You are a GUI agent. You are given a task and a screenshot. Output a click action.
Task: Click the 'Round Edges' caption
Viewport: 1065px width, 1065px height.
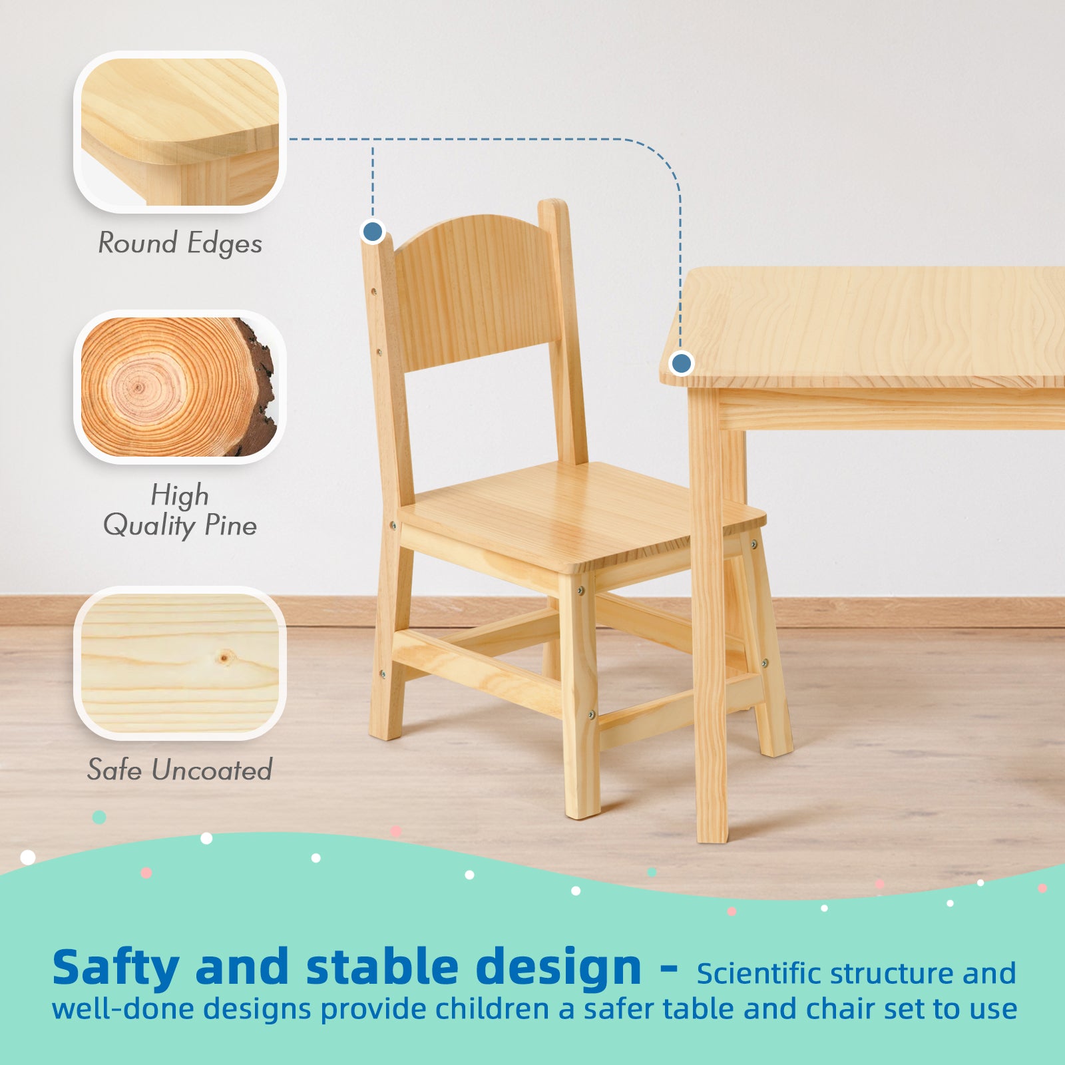pos(180,243)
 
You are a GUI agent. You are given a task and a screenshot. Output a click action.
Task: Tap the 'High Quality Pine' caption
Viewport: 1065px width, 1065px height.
pos(180,511)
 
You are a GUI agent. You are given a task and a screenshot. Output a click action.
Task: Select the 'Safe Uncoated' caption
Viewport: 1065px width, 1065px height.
pos(180,770)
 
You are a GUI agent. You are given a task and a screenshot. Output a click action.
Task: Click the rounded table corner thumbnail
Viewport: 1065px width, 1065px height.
pos(180,132)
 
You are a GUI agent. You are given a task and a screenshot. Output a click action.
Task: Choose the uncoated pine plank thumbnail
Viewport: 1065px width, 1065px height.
pos(180,663)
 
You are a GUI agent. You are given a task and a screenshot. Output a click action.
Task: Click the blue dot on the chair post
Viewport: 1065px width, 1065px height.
pos(373,232)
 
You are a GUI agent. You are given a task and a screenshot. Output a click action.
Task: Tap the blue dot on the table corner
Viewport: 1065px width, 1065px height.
pos(681,363)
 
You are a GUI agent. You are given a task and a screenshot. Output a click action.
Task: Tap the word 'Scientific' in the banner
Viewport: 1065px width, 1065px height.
pos(758,974)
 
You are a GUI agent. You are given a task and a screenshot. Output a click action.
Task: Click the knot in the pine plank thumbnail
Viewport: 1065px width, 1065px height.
pos(225,658)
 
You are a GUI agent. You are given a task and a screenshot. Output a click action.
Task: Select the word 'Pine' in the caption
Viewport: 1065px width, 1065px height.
pos(230,526)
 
